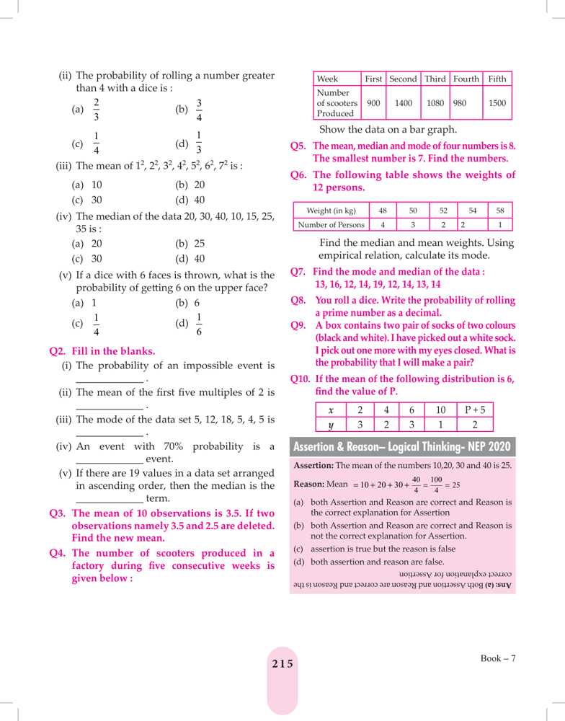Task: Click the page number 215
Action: pos(282,664)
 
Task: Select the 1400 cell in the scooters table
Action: pos(403,103)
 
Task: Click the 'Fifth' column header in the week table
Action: pos(497,79)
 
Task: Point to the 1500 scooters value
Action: pos(497,103)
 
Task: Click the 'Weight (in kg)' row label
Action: pos(331,211)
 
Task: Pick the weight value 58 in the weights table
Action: pos(500,211)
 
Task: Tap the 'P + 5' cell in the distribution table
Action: pos(475,410)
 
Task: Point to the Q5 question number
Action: pos(299,146)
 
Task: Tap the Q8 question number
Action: pos(299,300)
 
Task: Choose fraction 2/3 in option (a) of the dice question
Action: pos(97,110)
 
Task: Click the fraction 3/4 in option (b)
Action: pos(200,110)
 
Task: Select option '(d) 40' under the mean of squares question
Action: pos(190,200)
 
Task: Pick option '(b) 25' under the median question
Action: pos(190,244)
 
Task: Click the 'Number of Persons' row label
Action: pos(331,225)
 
